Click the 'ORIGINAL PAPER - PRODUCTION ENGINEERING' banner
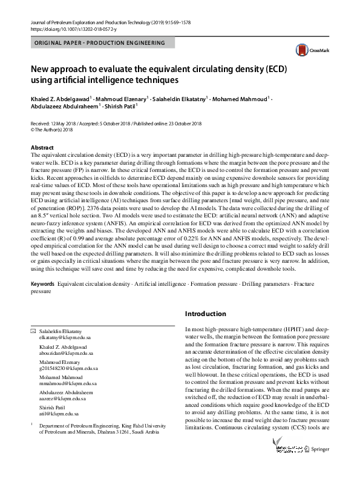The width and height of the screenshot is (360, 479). (100, 43)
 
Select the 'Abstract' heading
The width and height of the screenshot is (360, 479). (42, 148)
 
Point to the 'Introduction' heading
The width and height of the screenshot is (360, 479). (205, 314)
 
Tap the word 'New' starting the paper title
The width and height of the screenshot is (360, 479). (43, 67)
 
